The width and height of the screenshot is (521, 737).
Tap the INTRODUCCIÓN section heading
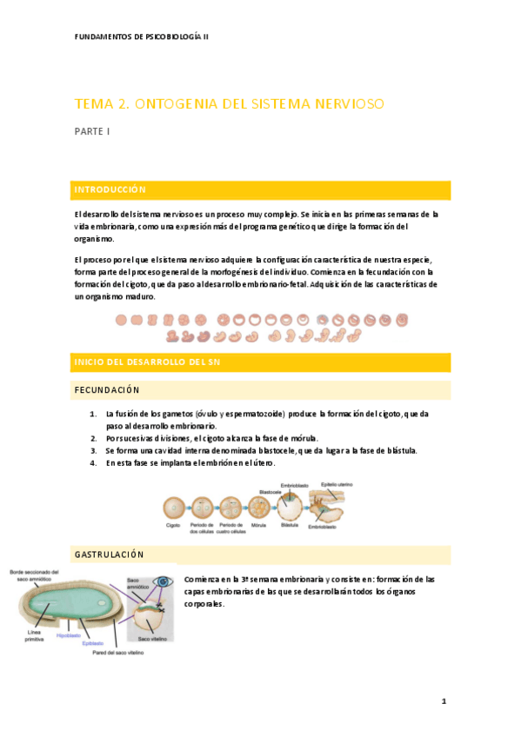tap(110, 189)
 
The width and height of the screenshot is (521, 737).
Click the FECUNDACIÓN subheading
tap(108, 390)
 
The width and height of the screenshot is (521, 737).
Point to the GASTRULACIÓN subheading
tap(110, 554)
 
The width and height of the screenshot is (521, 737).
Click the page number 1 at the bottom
tap(443, 700)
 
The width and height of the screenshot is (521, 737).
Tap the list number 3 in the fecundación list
tap(93, 450)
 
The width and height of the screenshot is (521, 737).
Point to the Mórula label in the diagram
tap(257, 526)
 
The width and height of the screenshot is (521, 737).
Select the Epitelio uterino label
tap(336, 484)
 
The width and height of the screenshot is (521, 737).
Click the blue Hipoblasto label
tap(69, 635)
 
